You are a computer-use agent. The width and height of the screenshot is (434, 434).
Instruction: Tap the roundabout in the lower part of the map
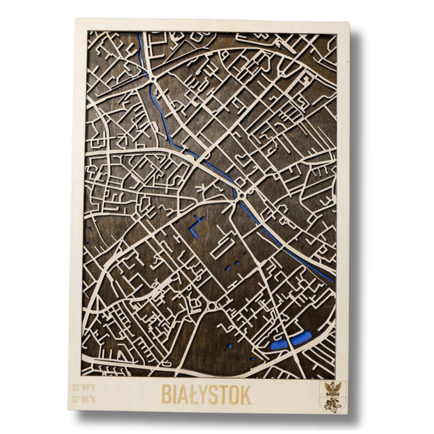(x=212, y=306)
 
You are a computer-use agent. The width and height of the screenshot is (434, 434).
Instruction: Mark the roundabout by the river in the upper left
(x=152, y=78)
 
